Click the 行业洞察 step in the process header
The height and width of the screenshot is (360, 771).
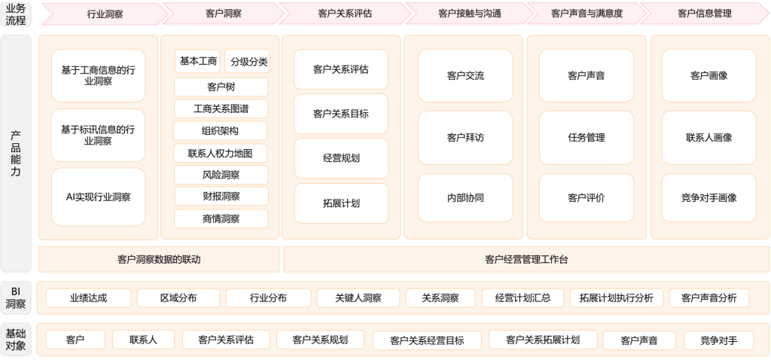tap(105, 14)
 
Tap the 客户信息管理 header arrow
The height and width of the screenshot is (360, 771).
tap(704, 14)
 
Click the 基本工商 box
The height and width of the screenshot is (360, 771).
tap(198, 61)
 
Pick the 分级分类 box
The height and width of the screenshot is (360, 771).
tap(248, 61)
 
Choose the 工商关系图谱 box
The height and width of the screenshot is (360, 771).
tap(221, 108)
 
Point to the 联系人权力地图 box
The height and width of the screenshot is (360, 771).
tap(221, 153)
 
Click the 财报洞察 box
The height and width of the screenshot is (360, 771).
tap(221, 197)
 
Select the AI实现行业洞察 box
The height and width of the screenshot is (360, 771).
tap(98, 197)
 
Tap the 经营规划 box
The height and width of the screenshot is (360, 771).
tap(341, 158)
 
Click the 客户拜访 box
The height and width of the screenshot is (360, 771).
tap(465, 138)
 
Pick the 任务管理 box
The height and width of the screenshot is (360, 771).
tap(587, 138)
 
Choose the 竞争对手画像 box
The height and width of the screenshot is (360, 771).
tap(709, 197)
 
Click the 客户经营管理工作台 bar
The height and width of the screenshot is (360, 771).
tap(526, 260)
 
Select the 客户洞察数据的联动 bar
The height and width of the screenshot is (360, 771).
tap(159, 260)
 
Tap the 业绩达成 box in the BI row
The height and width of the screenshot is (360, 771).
tap(88, 298)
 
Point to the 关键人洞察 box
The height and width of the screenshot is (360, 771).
tap(358, 298)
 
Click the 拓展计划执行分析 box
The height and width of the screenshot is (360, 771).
tap(617, 298)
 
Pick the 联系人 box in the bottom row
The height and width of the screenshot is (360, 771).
tap(143, 340)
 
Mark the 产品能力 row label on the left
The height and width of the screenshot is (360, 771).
tap(16, 154)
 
